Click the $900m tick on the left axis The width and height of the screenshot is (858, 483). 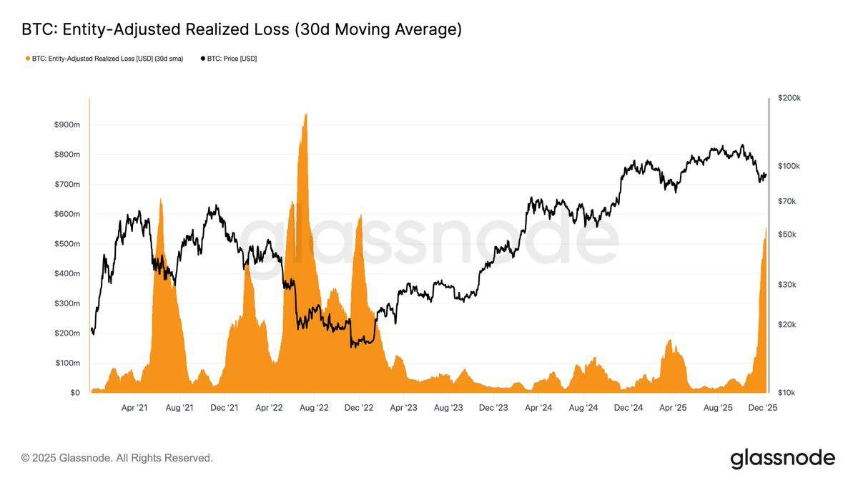point(67,125)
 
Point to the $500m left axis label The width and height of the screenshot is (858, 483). point(67,244)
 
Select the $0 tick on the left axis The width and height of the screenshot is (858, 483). point(74,393)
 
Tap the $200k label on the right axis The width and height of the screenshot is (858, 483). point(790,98)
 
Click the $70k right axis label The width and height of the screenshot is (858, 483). point(787,202)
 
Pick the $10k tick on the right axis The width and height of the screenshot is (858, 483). point(787,393)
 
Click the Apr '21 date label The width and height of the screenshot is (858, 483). point(134,408)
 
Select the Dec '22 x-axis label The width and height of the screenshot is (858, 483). point(359,408)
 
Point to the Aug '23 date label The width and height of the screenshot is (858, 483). point(448,408)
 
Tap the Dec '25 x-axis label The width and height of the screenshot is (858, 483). point(763,408)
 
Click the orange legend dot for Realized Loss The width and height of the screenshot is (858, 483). point(28,59)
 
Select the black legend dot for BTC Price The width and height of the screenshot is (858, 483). point(202,59)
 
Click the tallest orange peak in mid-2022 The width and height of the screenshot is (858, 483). point(306,114)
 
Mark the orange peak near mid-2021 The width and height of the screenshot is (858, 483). point(161,200)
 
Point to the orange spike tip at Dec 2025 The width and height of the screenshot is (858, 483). point(766,228)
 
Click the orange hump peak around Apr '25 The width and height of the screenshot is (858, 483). point(671,341)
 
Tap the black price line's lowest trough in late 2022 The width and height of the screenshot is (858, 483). point(352,347)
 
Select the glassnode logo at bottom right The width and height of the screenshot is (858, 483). point(782,458)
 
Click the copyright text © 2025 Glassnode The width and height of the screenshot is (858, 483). point(117,458)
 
